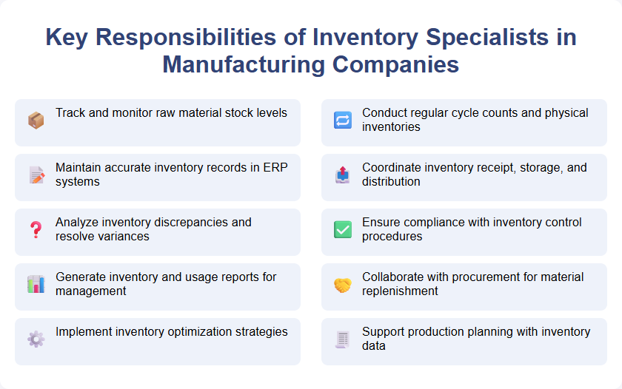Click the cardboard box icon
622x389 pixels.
pyautogui.click(x=36, y=120)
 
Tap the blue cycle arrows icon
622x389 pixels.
pyautogui.click(x=342, y=120)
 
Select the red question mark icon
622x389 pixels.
pyautogui.click(x=36, y=229)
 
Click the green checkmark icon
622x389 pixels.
pyautogui.click(x=342, y=229)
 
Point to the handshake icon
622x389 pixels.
pyautogui.click(x=342, y=284)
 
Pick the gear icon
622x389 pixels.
pyautogui.click(x=36, y=339)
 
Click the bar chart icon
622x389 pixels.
pyautogui.click(x=36, y=284)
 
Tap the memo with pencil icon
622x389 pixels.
pyautogui.click(x=36, y=175)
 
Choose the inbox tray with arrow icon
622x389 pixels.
pyautogui.click(x=342, y=175)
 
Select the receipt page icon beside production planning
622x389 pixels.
pyautogui.click(x=342, y=339)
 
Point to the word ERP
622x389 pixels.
pyautogui.click(x=276, y=168)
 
